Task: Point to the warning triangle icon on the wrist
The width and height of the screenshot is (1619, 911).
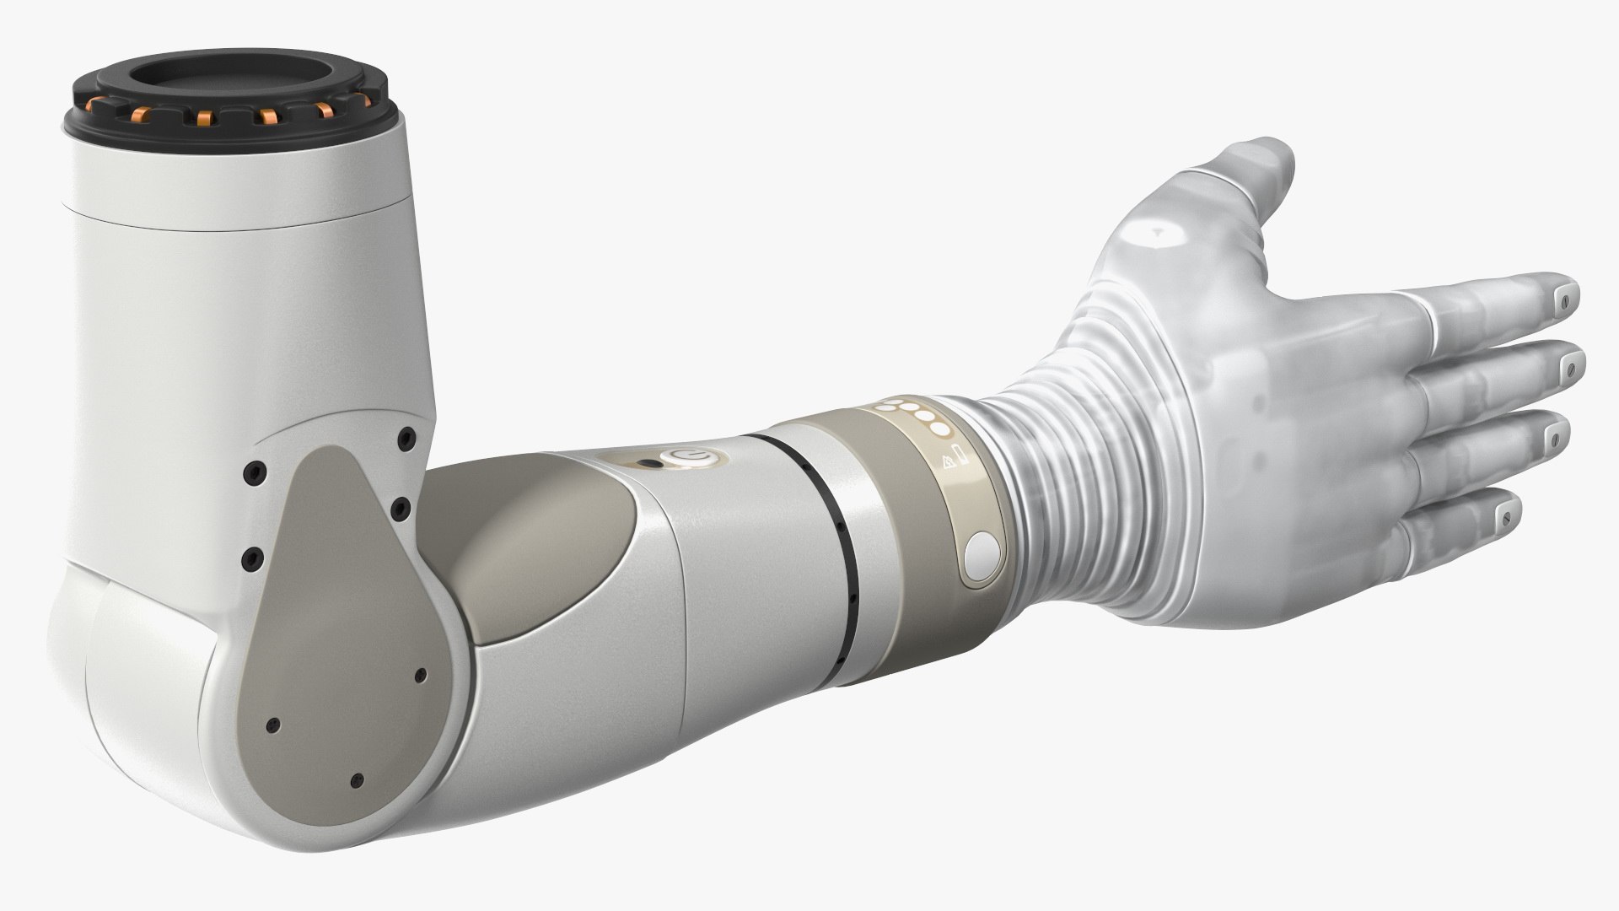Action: pyautogui.click(x=949, y=462)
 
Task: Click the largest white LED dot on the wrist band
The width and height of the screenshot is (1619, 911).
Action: pyautogui.click(x=939, y=429)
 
